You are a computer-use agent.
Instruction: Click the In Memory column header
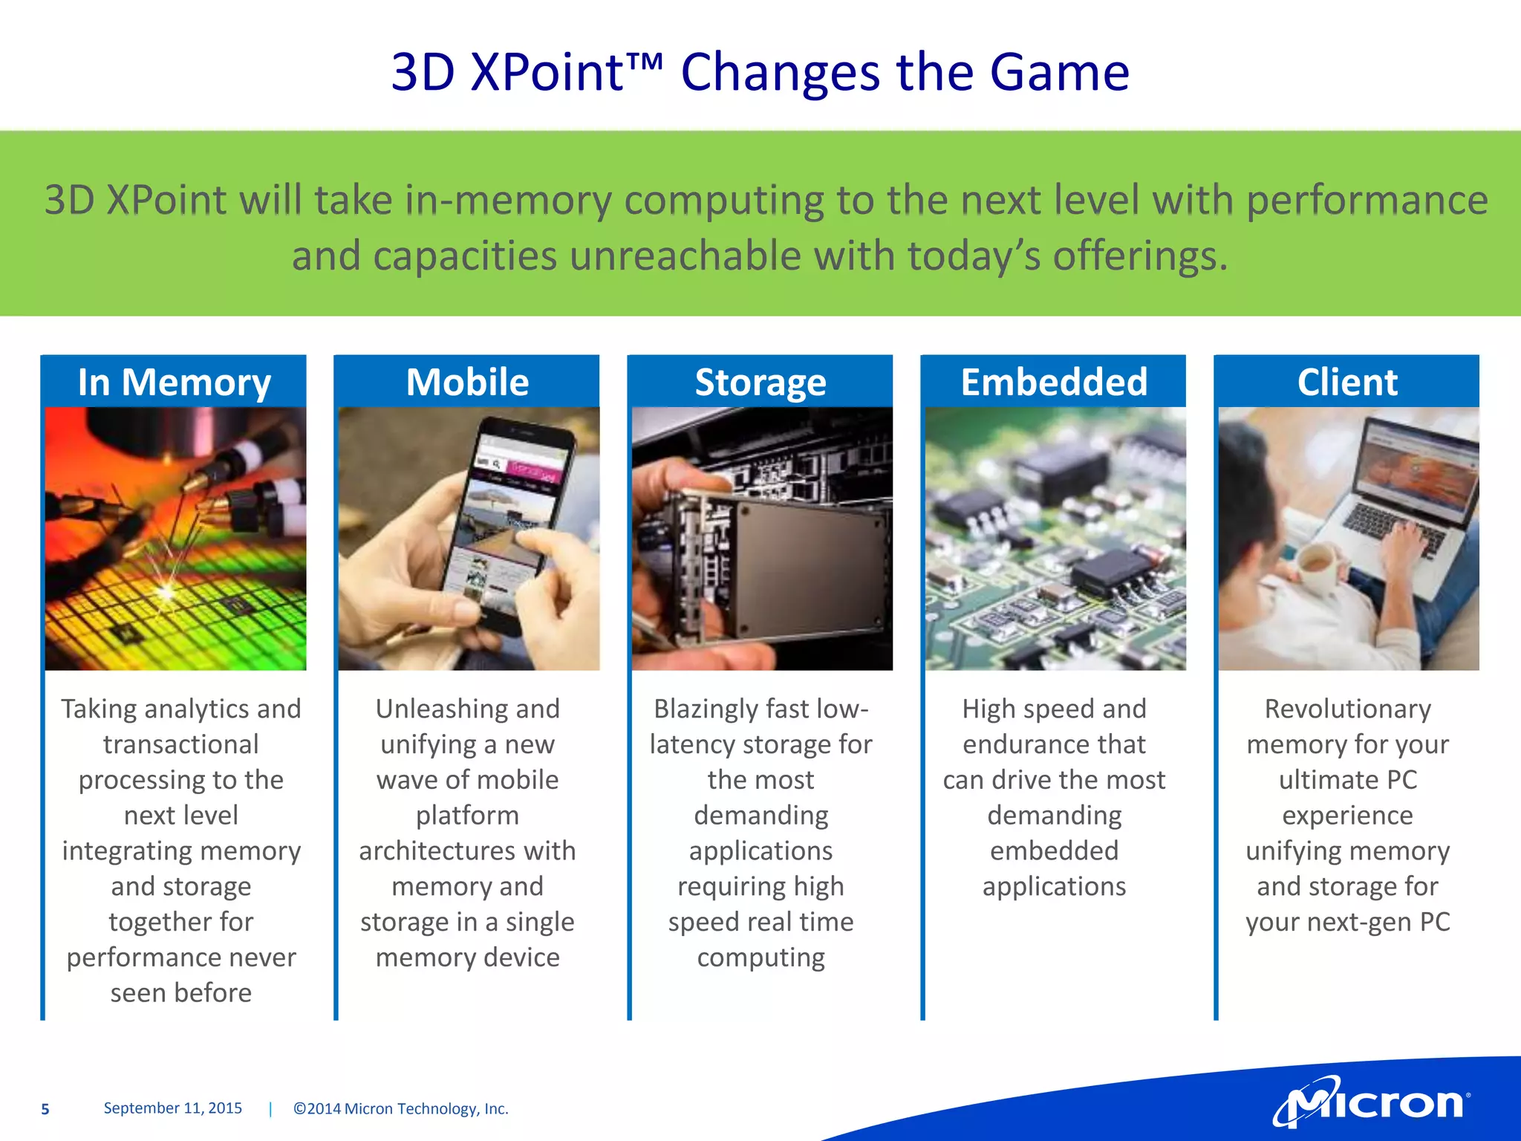tap(174, 383)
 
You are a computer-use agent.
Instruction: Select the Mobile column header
tap(467, 383)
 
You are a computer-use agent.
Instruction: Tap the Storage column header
tap(760, 383)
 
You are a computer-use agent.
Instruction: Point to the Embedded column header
tap(1054, 383)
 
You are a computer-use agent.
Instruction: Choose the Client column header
tap(1347, 383)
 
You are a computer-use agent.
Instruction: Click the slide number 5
tap(45, 1109)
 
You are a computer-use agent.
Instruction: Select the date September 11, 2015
tap(172, 1108)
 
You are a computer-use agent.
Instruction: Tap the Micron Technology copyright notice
tap(401, 1109)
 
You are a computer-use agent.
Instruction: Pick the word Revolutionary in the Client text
tap(1347, 709)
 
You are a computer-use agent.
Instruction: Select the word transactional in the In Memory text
tap(181, 744)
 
